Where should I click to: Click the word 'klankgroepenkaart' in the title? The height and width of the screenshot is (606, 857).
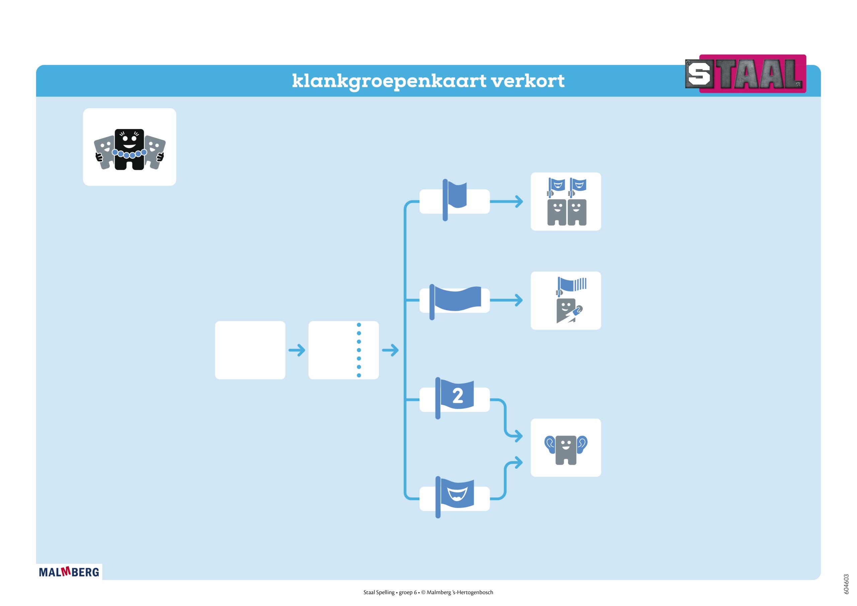pos(389,81)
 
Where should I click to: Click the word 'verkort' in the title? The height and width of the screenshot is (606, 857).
pos(527,81)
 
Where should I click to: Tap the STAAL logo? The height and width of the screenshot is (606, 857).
pos(746,74)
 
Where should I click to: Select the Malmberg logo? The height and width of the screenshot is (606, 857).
pos(69,572)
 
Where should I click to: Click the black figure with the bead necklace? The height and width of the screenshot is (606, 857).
pos(129,149)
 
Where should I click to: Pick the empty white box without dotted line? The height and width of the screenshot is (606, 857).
pos(250,350)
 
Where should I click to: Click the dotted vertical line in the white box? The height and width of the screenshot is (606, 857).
pos(359,350)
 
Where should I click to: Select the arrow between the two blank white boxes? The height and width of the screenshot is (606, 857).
pos(297,350)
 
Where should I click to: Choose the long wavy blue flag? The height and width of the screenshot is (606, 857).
pos(457,299)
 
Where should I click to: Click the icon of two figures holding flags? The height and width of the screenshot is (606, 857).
pos(566,202)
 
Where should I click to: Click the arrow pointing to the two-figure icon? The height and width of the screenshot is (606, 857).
pos(507,202)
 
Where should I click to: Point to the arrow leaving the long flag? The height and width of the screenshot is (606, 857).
pos(507,300)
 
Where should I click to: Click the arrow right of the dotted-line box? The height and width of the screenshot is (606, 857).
pos(390,350)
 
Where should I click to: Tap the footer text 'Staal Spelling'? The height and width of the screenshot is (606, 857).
pos(379,592)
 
